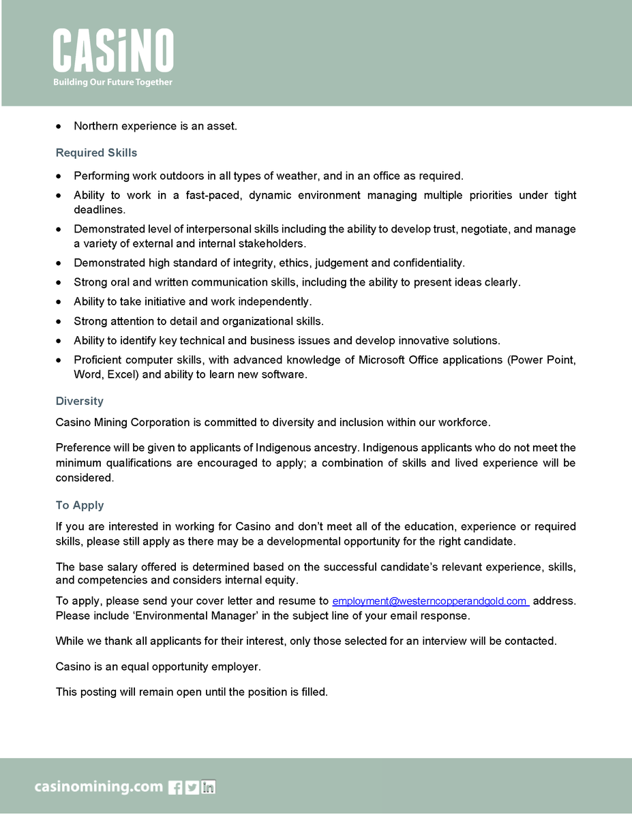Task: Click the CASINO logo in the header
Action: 113,51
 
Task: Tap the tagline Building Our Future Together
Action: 113,82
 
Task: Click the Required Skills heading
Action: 96,153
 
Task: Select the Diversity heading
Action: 80,401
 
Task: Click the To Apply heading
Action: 80,505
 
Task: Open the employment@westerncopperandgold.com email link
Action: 430,601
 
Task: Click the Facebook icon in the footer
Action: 175,787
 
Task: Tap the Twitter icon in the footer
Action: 192,787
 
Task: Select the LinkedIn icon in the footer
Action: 209,787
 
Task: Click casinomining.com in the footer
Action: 99,787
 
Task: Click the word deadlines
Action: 99,210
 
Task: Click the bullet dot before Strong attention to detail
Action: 60,321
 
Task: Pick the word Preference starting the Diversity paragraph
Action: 83,448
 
